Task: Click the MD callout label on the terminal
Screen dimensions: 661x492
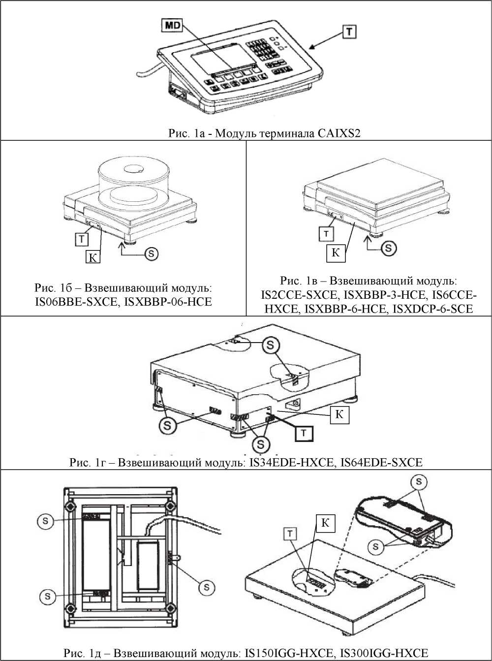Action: [172, 26]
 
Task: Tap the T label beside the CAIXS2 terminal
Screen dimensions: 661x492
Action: [349, 32]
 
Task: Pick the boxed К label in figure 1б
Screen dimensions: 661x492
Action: [92, 256]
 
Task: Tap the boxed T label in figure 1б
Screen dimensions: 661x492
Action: [81, 239]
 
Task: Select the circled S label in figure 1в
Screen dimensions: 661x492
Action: [389, 248]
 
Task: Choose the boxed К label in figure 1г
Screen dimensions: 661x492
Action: [339, 415]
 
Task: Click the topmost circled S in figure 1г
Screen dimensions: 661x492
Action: [270, 346]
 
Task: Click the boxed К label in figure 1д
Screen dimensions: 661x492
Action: [325, 523]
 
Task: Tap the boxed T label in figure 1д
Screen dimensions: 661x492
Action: [291, 533]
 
